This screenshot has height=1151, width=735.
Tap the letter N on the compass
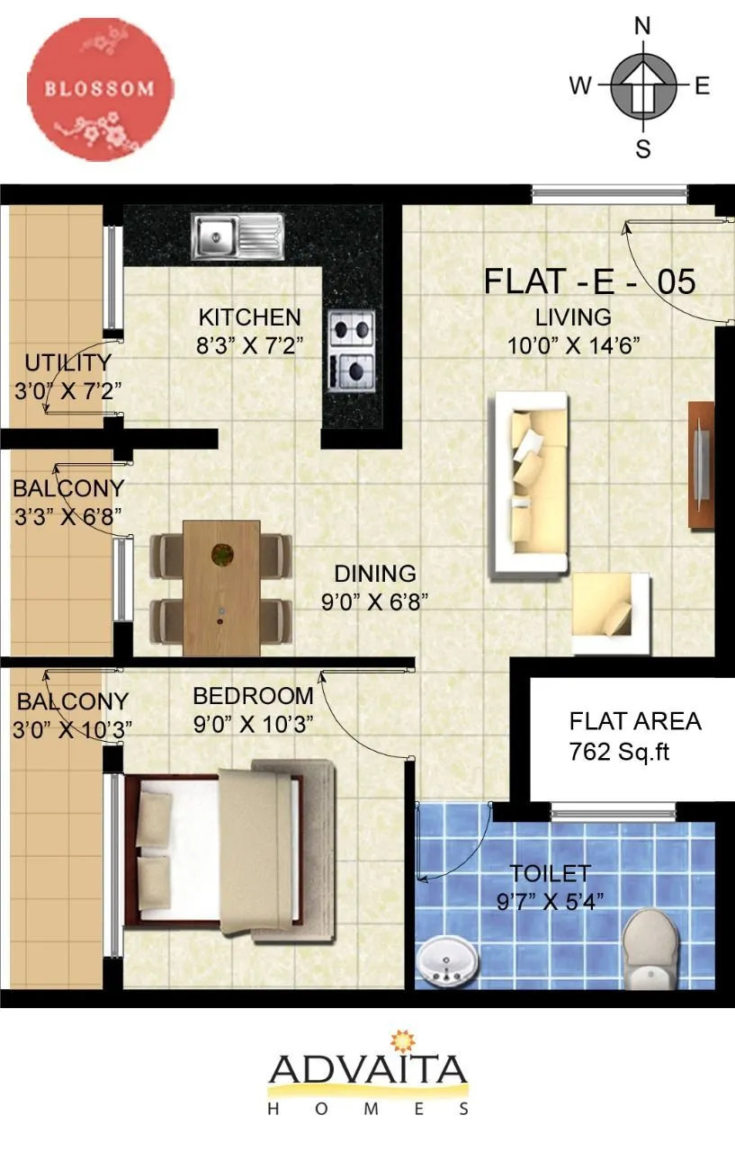(x=642, y=26)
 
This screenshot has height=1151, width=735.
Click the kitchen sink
(x=238, y=236)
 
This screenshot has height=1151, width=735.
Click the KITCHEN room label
(x=249, y=317)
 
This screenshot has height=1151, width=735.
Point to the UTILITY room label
(x=67, y=363)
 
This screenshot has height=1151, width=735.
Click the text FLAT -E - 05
(x=589, y=281)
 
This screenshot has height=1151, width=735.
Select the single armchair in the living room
(x=611, y=614)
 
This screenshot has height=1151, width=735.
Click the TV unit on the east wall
(x=701, y=463)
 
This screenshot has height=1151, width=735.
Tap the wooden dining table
(x=221, y=587)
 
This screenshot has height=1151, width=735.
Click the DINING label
(x=375, y=574)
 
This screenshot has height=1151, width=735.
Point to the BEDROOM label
(x=253, y=696)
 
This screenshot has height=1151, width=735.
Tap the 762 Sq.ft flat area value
(x=620, y=751)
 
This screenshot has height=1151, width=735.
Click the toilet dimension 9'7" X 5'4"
(x=551, y=899)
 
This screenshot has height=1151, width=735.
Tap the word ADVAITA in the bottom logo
(x=368, y=1070)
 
